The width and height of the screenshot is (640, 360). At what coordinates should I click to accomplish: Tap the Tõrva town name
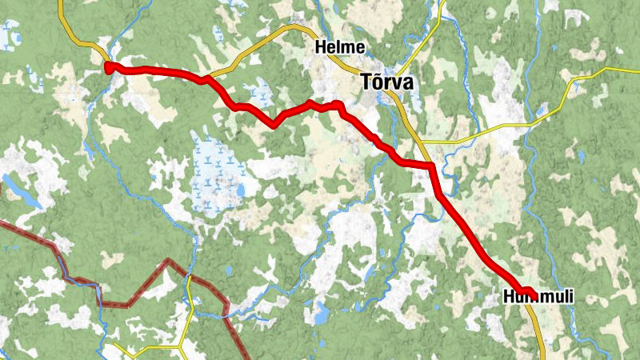pos(387,82)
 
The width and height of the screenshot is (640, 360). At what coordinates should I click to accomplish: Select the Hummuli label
pos(538,298)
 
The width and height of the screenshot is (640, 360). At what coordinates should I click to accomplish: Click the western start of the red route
pos(110,67)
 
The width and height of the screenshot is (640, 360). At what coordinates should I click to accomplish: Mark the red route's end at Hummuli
pos(529,291)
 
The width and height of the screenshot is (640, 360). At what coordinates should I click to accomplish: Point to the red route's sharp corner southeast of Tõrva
pos(431,166)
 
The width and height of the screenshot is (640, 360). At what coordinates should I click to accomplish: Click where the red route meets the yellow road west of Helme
pos(206,78)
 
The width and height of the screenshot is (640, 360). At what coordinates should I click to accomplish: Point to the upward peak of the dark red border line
pos(167,261)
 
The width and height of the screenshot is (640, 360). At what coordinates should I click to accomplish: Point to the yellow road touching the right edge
pos(632,70)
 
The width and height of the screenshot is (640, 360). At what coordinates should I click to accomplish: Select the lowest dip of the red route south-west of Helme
pos(275,124)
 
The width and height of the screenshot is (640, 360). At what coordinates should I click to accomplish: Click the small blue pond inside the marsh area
pos(239,191)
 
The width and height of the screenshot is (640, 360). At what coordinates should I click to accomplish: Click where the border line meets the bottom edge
pos(245,356)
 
